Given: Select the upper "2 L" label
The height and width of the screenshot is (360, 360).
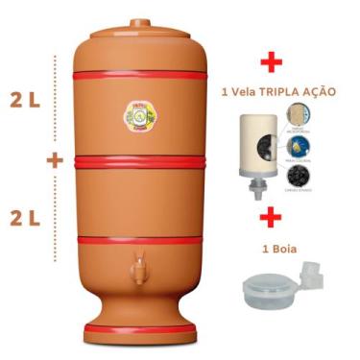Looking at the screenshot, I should tap(22, 99).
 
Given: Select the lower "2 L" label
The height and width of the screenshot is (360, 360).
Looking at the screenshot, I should tap(22, 217).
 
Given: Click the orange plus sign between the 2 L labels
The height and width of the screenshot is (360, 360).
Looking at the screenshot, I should tap(55, 160).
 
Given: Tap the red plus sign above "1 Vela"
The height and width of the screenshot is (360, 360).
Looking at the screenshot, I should tap(274, 63).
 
